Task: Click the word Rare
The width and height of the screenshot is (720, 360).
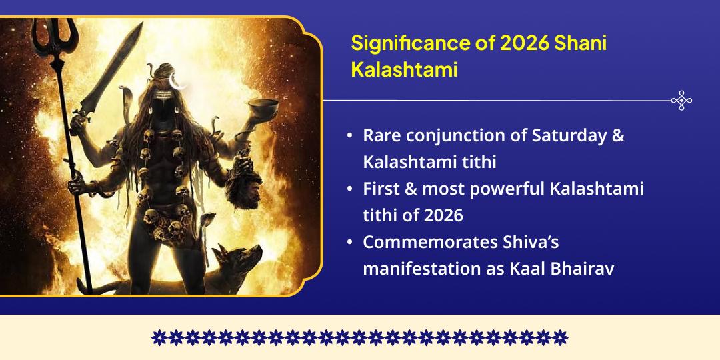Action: pyautogui.click(x=381, y=135)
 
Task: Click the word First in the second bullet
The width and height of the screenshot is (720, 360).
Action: pyautogui.click(x=380, y=189)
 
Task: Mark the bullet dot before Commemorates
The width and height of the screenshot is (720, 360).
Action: pyautogui.click(x=351, y=243)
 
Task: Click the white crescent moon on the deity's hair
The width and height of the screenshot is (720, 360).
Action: pyautogui.click(x=177, y=81)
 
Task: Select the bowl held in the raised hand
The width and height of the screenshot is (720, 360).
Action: pyautogui.click(x=265, y=106)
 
